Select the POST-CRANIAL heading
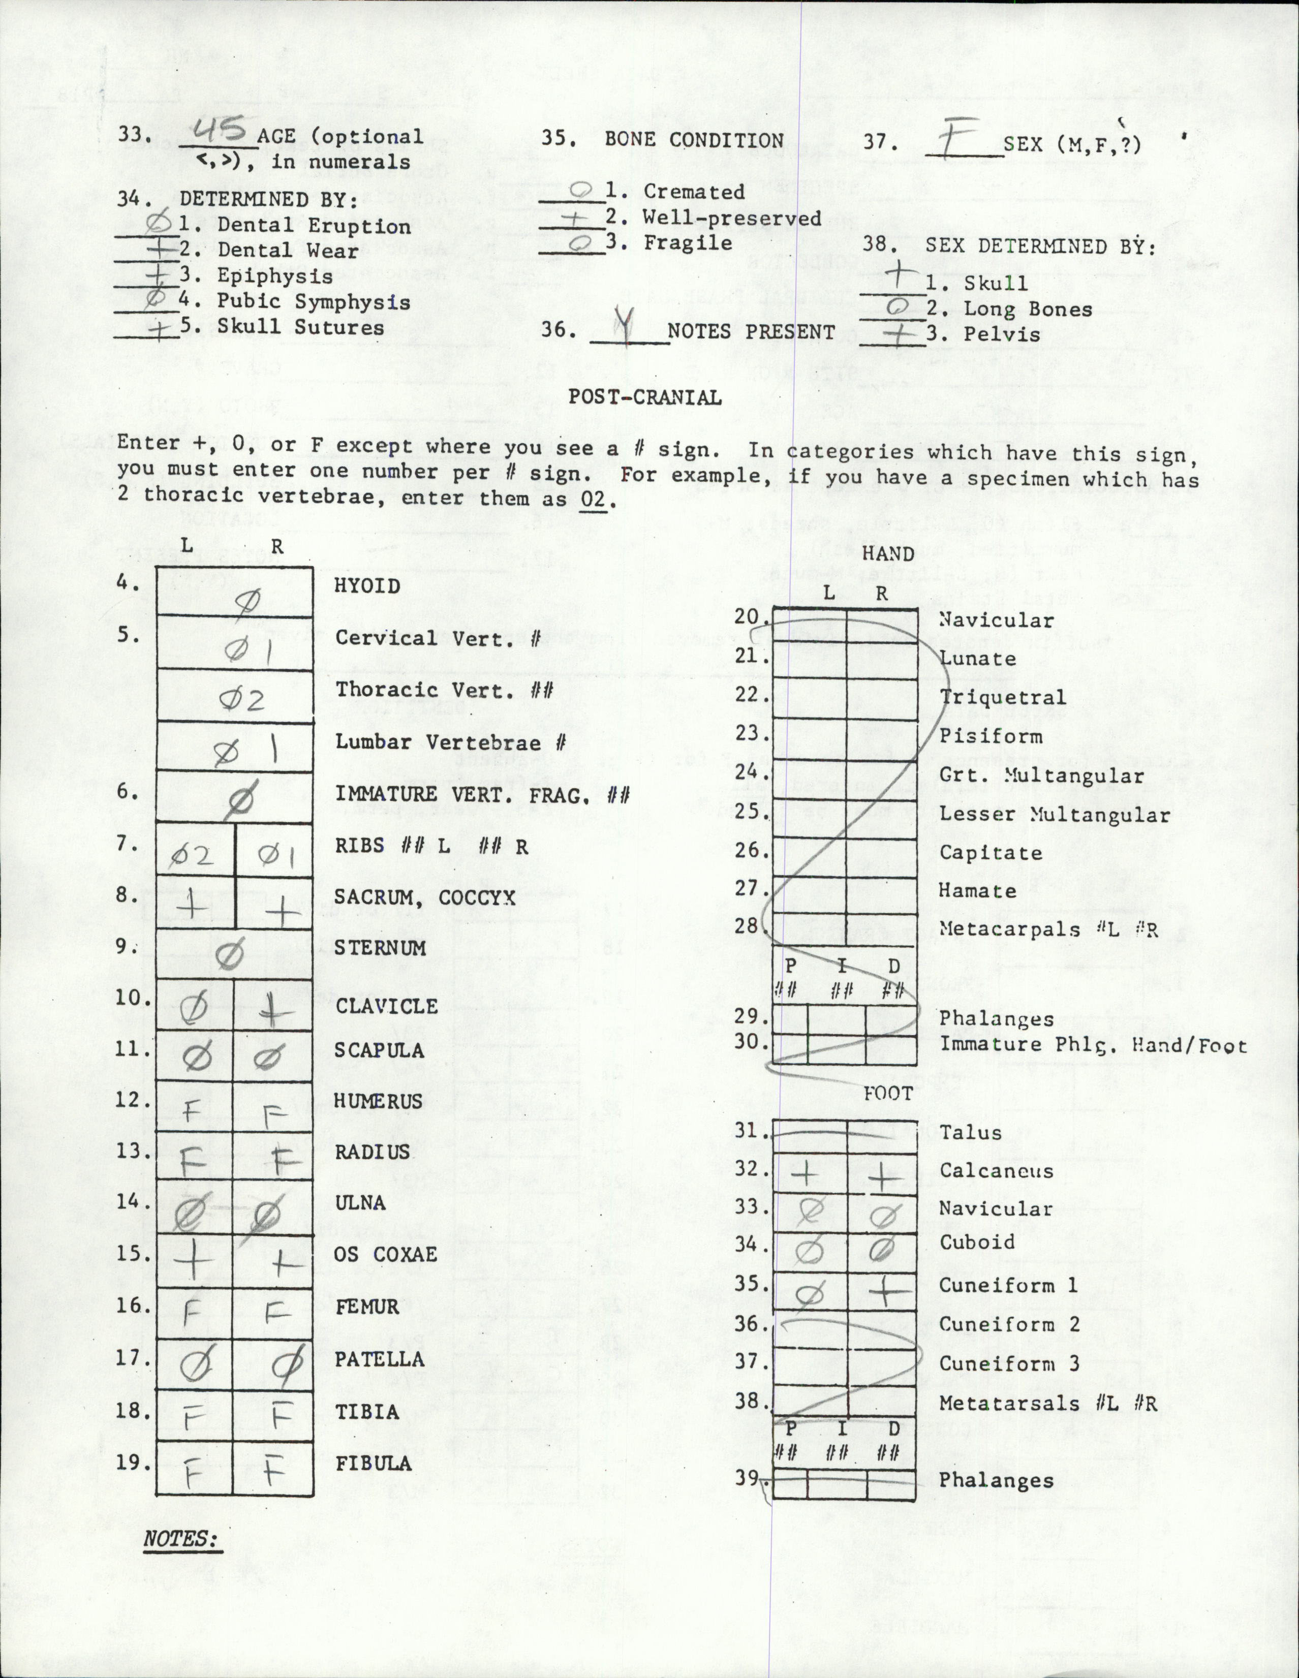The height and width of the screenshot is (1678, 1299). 644,397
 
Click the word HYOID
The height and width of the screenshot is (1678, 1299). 367,586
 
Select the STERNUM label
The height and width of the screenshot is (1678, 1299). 380,948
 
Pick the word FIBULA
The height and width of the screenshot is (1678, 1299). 374,1464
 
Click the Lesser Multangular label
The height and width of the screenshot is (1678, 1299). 1054,815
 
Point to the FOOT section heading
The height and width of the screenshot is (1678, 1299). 888,1093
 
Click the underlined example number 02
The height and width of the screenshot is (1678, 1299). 593,500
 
